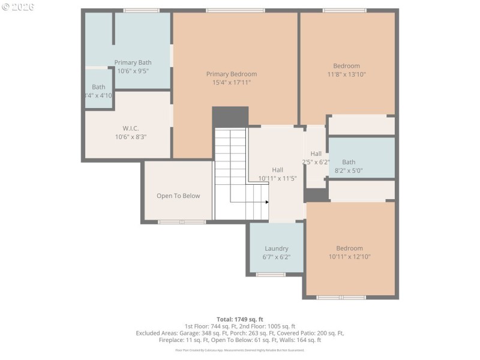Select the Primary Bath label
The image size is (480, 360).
[133, 62]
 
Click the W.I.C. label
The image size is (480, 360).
[130, 128]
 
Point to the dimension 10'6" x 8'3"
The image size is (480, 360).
[130, 136]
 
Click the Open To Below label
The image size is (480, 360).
[178, 196]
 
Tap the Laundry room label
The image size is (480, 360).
[277, 248]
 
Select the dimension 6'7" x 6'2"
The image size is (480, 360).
[277, 257]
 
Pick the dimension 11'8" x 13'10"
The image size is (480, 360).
[346, 74]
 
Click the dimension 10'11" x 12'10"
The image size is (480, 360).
[349, 257]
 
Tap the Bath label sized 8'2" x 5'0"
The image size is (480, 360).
[349, 162]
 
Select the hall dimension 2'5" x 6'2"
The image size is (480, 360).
[316, 162]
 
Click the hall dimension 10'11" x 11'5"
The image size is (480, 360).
[277, 178]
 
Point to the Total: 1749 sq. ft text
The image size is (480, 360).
[240, 319]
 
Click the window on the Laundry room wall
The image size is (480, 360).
[271, 274]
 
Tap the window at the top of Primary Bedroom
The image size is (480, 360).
[235, 10]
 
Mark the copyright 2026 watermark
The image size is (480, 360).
[18, 7]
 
